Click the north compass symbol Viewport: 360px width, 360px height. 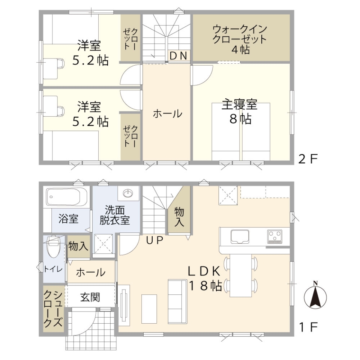point(315,296)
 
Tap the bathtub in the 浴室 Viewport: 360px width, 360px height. point(66,197)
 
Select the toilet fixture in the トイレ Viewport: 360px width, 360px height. point(53,247)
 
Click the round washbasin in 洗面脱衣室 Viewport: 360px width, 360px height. point(128,193)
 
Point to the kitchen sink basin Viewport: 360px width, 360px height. point(240,236)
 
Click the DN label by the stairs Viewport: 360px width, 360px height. point(178,56)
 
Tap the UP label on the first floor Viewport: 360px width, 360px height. point(155,240)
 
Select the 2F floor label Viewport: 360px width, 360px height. point(308,159)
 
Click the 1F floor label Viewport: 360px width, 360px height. point(308,327)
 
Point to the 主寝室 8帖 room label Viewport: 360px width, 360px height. point(240,111)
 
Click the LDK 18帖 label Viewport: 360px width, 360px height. point(205,279)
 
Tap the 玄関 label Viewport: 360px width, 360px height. point(90,297)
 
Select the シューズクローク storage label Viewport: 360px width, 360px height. point(53,309)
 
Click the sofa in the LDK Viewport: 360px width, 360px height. point(177,301)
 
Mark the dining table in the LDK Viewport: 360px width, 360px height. point(241,275)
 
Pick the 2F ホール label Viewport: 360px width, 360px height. point(167,114)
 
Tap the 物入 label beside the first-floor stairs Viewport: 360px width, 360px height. point(179,217)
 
